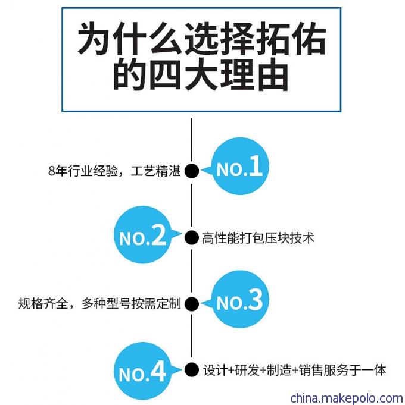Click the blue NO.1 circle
[240, 166]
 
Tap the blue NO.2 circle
[143, 234]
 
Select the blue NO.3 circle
[240, 299]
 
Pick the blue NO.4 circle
[143, 371]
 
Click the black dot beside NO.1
[192, 171]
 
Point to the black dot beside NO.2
[192, 238]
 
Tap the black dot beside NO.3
[192, 304]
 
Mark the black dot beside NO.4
[192, 369]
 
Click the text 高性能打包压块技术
[258, 238]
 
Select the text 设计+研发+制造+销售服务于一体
[294, 370]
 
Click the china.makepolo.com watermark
[347, 398]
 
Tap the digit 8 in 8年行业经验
[52, 171]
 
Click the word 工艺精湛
[155, 171]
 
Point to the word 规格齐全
[43, 303]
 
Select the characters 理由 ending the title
[254, 74]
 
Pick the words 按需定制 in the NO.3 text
[156, 303]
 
